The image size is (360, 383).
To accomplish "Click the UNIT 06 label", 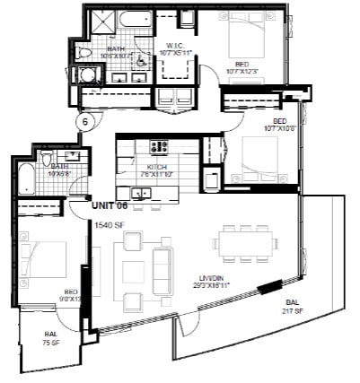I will [x=112, y=205].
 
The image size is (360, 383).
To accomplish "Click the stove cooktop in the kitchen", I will [x=160, y=145].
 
